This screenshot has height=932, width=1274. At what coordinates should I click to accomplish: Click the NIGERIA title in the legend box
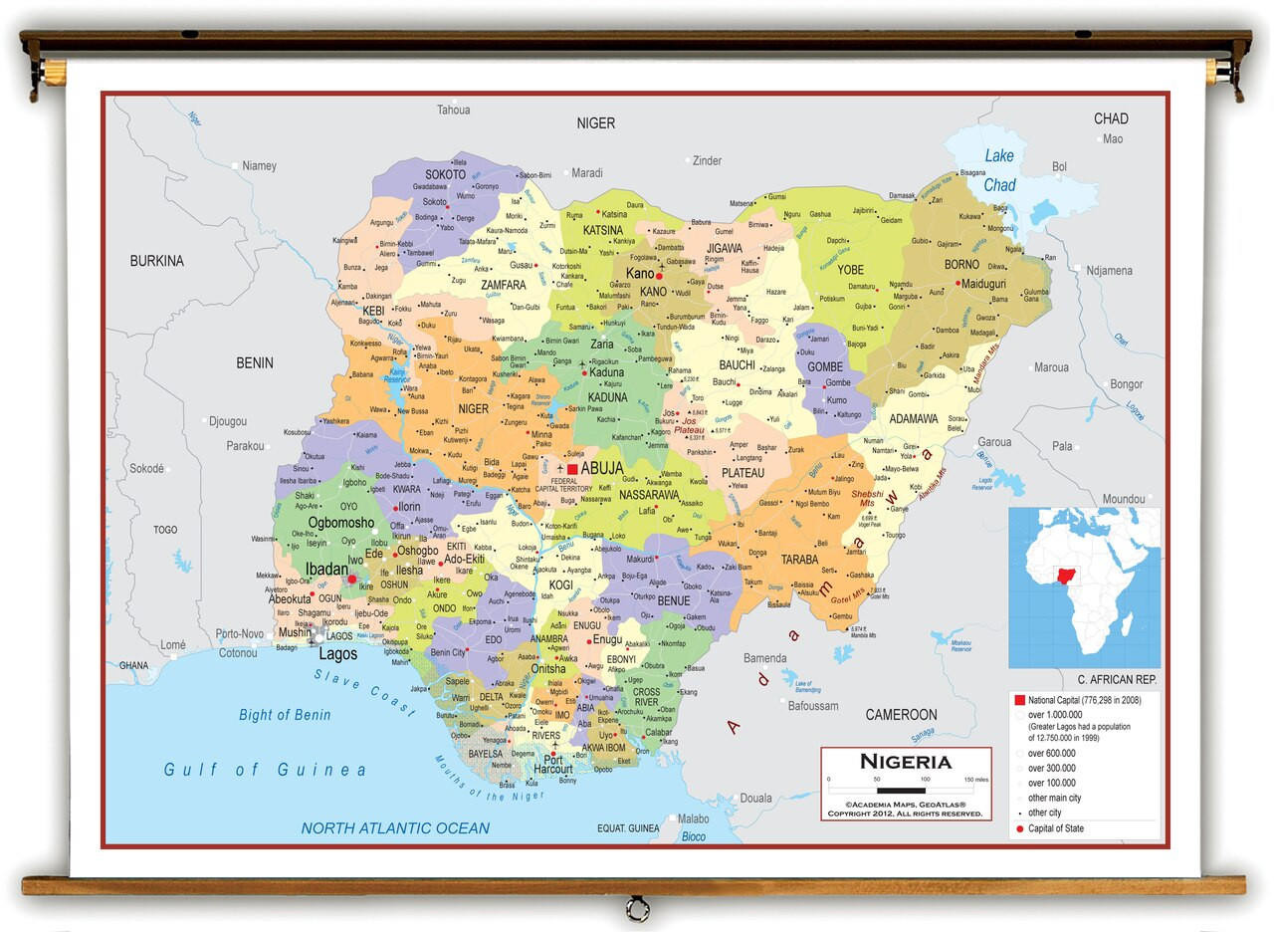coord(905,762)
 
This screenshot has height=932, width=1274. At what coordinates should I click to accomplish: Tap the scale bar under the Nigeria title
coord(901,790)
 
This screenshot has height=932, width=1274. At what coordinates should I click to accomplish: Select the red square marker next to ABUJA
coord(572,468)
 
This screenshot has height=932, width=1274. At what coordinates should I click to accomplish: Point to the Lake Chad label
coord(999,170)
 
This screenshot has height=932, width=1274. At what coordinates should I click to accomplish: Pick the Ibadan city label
coord(325,569)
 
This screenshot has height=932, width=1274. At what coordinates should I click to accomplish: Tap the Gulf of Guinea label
coord(265,770)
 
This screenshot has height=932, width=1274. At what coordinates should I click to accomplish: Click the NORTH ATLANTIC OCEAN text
coord(395,827)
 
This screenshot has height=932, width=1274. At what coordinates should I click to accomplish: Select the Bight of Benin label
coord(285,715)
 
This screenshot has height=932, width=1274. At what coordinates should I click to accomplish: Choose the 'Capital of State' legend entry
coord(1055,828)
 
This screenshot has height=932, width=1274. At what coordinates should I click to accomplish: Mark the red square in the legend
coord(1019,700)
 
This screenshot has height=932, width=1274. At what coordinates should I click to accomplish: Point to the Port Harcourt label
coord(552,763)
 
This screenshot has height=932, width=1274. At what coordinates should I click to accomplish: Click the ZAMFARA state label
coord(503,285)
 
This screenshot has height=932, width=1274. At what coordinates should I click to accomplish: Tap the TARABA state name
coord(799,560)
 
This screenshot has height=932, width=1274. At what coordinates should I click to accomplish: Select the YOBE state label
coord(850,270)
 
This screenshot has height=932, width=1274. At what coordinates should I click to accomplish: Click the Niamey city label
coord(259,165)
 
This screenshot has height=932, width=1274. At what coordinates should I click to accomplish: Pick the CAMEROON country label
coord(901,714)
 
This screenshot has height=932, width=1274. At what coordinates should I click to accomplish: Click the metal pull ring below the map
coord(636,908)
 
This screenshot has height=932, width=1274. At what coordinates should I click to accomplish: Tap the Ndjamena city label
coord(1109,270)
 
